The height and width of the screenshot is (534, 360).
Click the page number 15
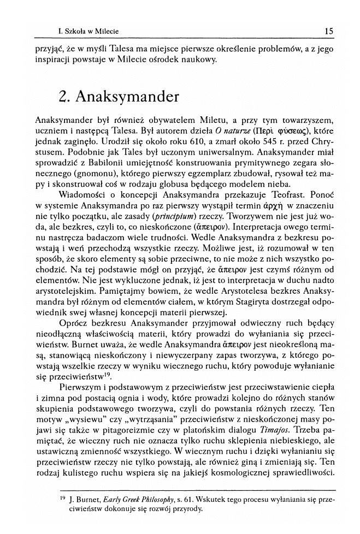click(x=328, y=31)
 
